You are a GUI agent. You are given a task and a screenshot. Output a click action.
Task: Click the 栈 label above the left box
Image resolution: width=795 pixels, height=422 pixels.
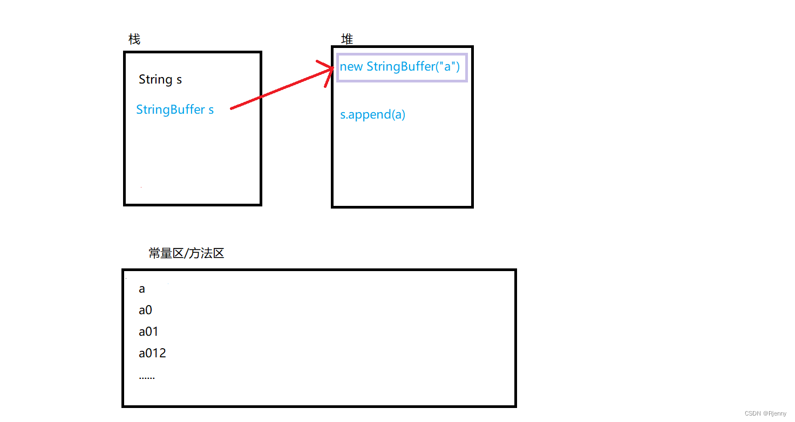[x=134, y=39]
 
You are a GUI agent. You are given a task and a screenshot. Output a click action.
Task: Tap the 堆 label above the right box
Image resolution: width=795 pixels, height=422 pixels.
[x=347, y=39]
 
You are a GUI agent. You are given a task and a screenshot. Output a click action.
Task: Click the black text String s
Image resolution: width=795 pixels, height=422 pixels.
[x=160, y=80]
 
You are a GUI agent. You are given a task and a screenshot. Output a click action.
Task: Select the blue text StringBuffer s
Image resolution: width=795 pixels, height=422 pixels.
[x=175, y=110]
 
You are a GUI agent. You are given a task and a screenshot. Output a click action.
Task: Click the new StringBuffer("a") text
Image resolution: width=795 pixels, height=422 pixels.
[x=399, y=67]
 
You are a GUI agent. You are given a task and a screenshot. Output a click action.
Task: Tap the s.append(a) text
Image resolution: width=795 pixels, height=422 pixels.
[x=372, y=115]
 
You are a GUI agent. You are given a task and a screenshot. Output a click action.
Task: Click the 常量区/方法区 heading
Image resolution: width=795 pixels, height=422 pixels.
[x=186, y=253]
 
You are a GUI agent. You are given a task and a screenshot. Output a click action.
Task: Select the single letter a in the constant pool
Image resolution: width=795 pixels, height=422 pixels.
[x=142, y=289]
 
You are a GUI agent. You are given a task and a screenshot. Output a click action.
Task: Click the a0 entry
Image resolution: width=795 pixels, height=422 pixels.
[x=146, y=310]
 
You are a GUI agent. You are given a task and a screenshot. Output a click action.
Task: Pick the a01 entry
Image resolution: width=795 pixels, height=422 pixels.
[x=148, y=332]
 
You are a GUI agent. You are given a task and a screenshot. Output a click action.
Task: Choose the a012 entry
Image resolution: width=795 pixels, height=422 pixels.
[x=152, y=354]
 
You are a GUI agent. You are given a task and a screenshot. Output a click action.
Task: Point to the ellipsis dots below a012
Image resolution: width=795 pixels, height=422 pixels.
[x=147, y=377]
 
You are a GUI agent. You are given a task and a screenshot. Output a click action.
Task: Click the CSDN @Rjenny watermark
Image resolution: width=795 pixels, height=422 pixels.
[x=765, y=414]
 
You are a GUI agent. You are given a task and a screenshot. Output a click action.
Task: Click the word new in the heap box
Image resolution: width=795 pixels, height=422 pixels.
[x=351, y=67]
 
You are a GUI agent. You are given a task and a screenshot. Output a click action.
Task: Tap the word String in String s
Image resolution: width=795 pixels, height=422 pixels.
[x=155, y=80]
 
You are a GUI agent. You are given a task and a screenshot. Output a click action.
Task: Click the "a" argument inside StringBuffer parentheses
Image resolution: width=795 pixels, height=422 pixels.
[x=447, y=67]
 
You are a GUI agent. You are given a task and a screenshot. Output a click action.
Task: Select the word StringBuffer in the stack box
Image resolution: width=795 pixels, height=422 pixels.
[x=171, y=110]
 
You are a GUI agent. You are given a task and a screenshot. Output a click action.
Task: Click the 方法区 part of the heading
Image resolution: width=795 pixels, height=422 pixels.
[x=207, y=253]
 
